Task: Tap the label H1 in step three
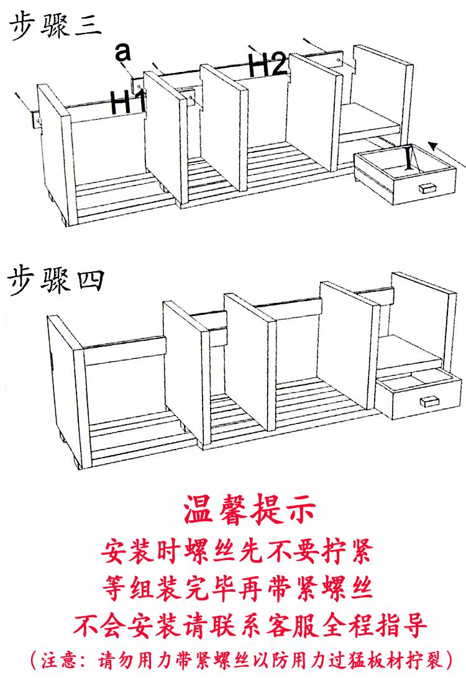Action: [127, 102]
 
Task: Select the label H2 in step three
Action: [267, 65]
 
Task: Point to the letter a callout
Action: [123, 53]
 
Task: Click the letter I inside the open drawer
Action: [408, 158]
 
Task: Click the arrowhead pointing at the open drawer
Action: [434, 147]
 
